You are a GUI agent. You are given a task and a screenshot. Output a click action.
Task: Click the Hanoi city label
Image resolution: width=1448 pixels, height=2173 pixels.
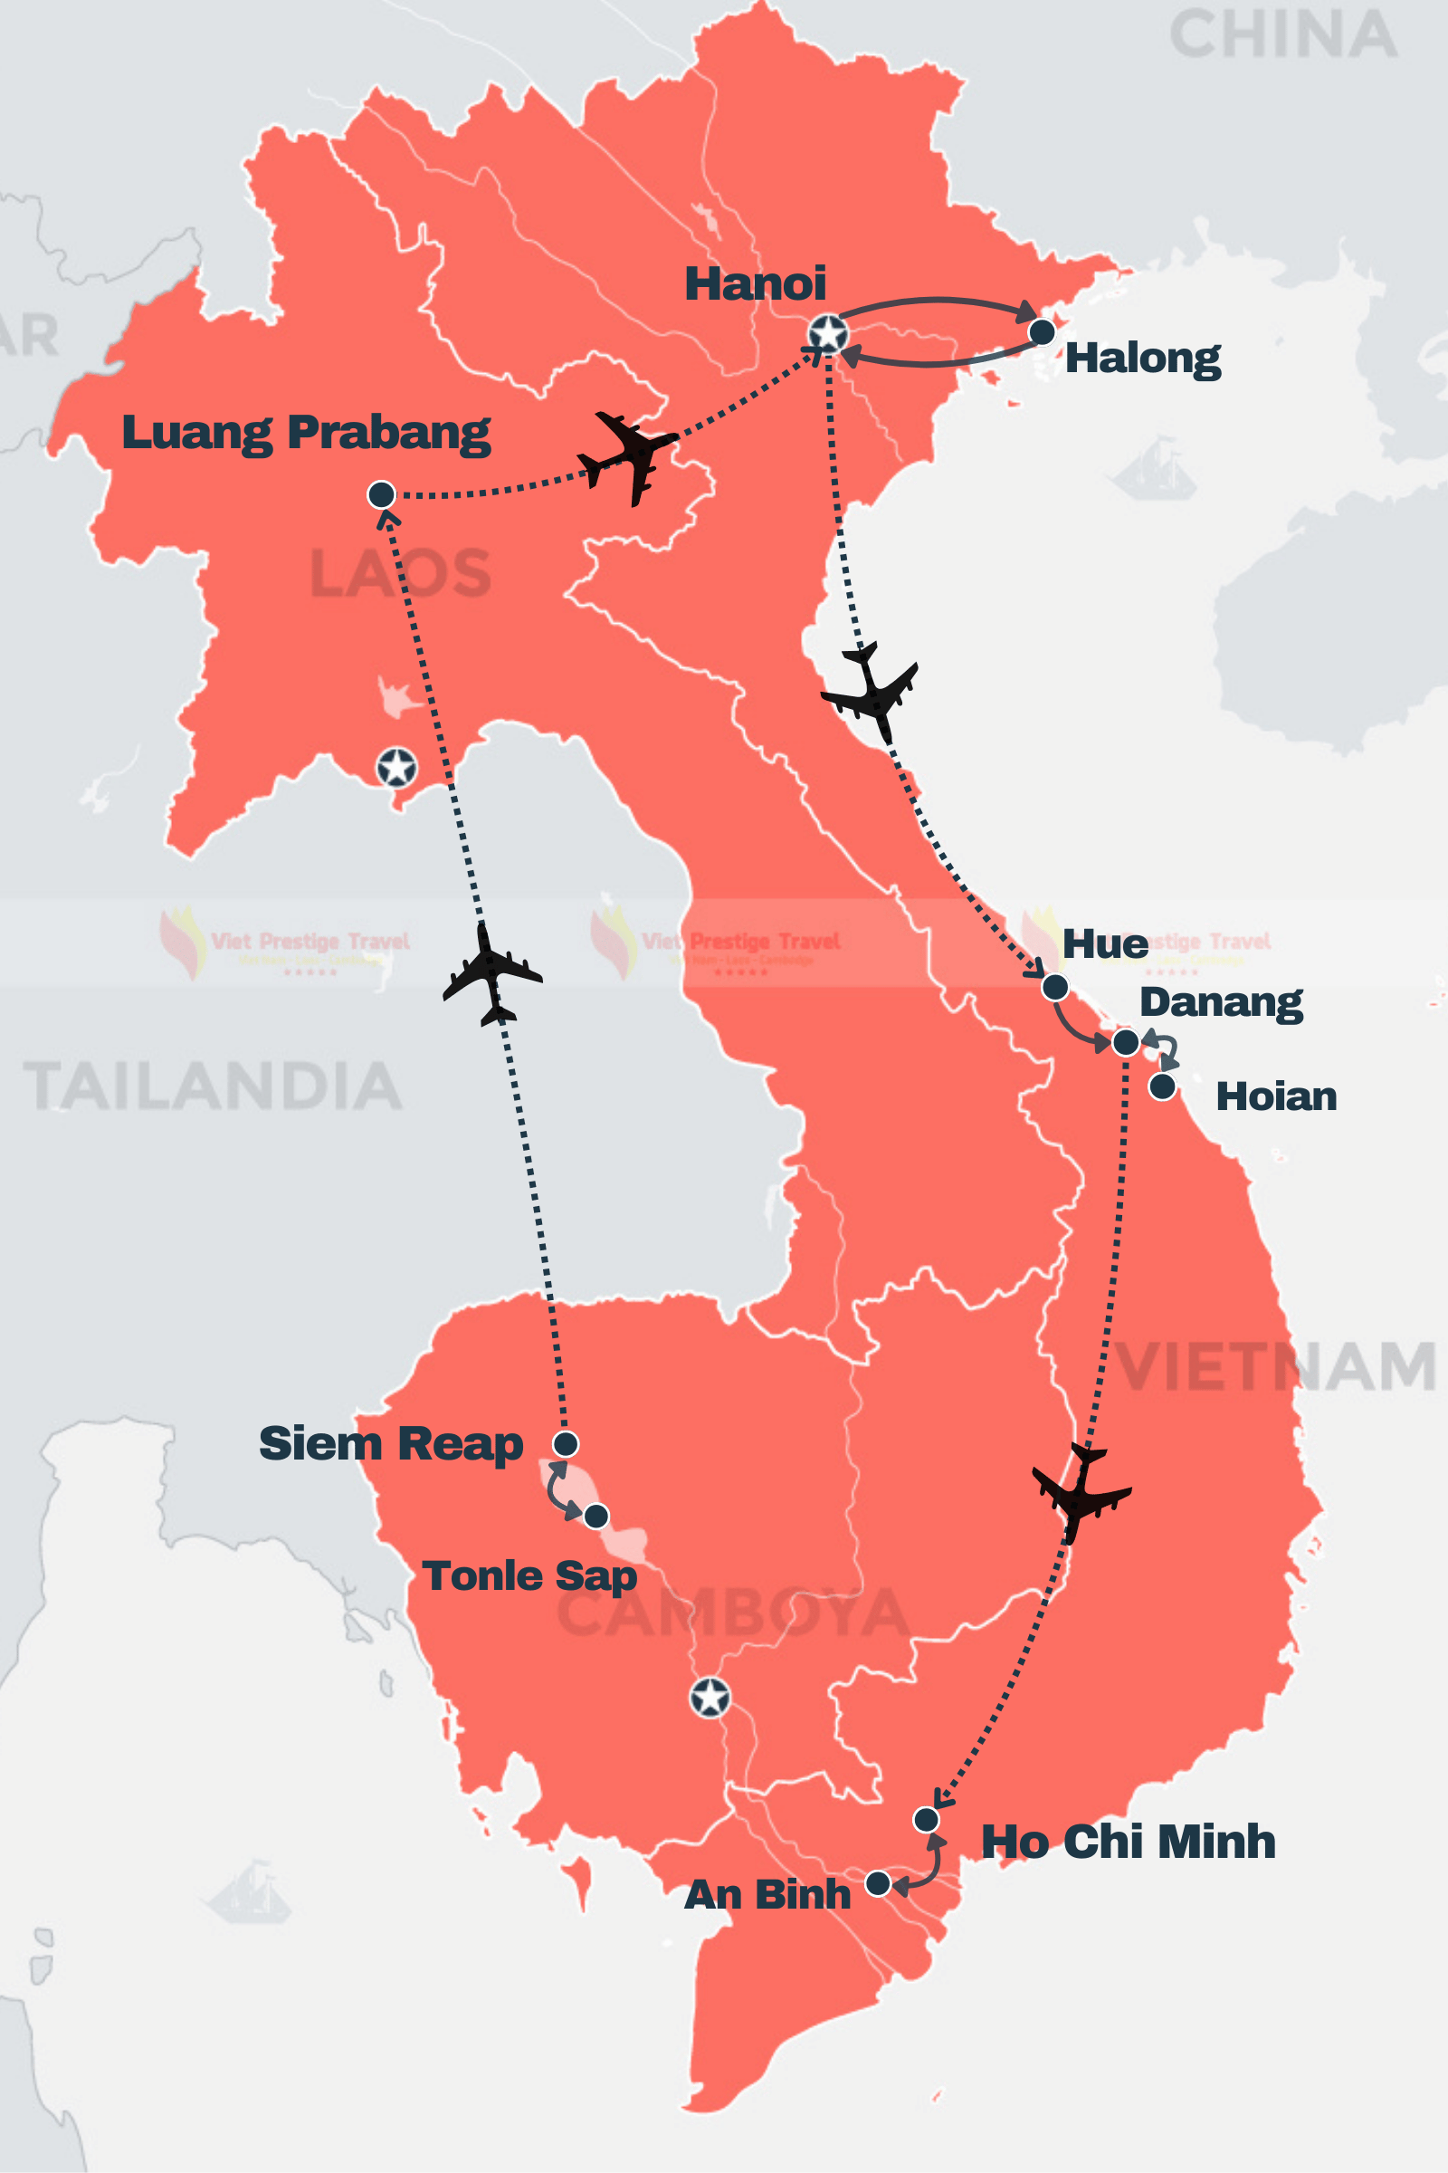point(755,283)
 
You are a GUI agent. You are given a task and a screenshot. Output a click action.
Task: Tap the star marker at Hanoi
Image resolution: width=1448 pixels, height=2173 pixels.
point(827,333)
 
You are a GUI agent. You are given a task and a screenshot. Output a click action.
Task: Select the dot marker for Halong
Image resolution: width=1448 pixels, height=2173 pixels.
point(1042,331)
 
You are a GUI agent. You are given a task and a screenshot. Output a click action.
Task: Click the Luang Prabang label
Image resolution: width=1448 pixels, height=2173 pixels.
point(306,433)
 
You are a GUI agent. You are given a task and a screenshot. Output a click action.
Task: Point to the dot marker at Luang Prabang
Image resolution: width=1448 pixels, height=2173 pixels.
point(381,494)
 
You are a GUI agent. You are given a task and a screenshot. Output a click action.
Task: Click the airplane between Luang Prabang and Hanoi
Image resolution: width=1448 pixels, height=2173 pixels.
point(630,455)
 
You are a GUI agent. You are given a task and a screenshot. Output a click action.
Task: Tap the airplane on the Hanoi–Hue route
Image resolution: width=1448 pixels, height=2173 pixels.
point(871,691)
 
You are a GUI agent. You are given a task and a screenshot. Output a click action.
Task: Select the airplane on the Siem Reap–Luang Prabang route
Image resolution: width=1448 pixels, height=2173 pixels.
point(491,974)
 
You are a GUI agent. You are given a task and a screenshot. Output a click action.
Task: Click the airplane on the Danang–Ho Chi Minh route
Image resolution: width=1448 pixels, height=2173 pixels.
point(1080,1489)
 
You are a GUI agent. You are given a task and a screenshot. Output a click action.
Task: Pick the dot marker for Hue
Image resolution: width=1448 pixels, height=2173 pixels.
point(1054,987)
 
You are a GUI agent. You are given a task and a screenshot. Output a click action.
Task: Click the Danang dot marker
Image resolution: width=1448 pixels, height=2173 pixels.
point(1126,1042)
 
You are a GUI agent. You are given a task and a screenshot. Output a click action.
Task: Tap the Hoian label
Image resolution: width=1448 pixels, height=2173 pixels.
point(1275,1096)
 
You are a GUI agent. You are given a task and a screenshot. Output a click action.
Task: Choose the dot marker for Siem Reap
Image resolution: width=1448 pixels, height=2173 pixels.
point(565,1443)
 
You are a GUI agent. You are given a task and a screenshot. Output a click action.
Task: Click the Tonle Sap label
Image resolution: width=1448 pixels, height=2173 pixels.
point(529,1576)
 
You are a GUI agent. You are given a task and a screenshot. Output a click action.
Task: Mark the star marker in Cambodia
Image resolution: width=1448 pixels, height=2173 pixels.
point(710,1697)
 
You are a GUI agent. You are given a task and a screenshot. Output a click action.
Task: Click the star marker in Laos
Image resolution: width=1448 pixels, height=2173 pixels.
point(396,767)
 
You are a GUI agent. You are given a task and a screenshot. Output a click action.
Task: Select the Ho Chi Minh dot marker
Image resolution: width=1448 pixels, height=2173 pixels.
point(926,1819)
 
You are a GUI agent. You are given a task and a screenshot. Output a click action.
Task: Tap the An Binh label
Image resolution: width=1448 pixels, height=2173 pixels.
point(767,1895)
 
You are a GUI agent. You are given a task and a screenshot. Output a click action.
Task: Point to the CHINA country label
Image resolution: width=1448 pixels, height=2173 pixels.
point(1283,35)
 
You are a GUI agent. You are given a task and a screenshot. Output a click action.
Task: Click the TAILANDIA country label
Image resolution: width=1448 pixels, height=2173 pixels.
point(213,1086)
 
